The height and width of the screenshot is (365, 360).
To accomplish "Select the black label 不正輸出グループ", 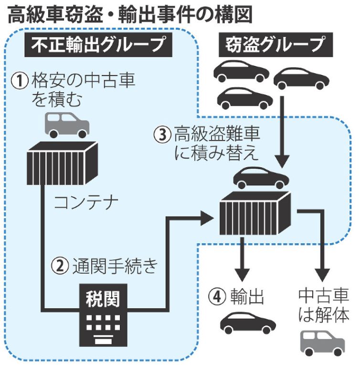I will coord(98,45).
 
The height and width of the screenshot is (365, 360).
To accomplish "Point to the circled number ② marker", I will coord(61,266).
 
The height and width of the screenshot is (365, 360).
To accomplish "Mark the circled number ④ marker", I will coord(216,296).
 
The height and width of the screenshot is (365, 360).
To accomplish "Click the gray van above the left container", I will coord(67,125).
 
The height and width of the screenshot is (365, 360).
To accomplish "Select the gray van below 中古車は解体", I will coord(322,342).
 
